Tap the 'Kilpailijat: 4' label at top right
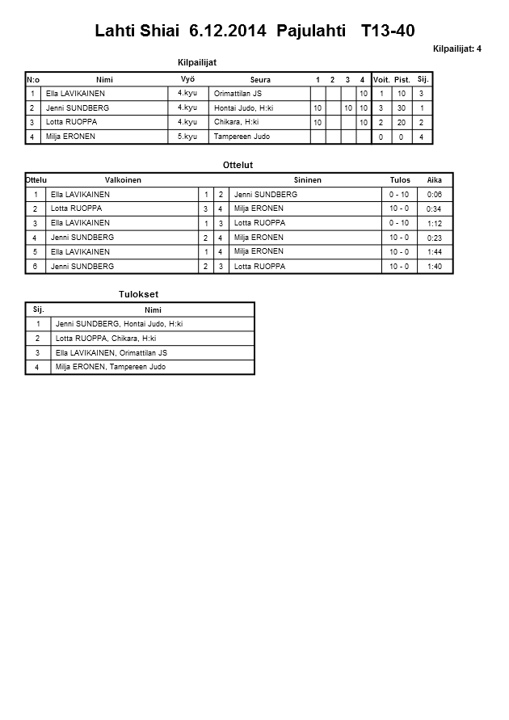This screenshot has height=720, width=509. point(456,49)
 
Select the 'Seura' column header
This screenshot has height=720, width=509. point(260,80)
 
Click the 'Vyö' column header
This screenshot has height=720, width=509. point(187,79)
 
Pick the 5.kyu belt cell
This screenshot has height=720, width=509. point(187,137)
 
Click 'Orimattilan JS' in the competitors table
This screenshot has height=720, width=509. point(238,94)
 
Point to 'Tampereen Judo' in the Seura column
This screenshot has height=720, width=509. point(242,137)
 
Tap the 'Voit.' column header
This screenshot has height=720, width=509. point(381,80)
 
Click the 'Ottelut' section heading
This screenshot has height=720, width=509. point(238,165)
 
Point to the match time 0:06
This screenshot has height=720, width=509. point(434,195)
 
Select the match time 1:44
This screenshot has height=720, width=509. point(434,252)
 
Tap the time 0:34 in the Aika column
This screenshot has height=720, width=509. point(434,209)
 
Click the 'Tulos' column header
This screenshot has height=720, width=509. point(399,180)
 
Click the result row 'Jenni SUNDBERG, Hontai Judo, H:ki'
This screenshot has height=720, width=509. point(119,324)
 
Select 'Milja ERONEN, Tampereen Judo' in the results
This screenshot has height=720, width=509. point(111,367)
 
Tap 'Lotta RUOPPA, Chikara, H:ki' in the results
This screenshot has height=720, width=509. point(106,339)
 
